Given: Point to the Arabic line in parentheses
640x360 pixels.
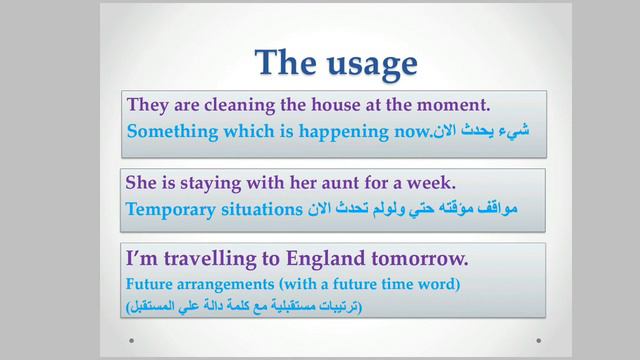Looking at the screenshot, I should click(x=246, y=304).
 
